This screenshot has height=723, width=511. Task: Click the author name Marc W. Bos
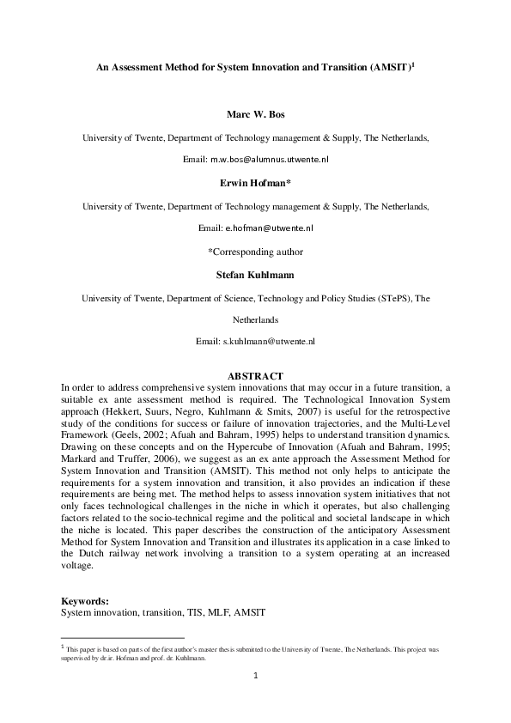click(x=255, y=113)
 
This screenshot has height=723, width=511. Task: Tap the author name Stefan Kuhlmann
click(x=255, y=275)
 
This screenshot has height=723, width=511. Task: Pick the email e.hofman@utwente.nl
click(x=269, y=228)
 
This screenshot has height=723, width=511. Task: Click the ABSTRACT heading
click(x=255, y=376)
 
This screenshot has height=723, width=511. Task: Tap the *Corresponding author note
click(x=255, y=252)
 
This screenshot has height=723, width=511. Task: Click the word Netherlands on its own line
click(x=255, y=319)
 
